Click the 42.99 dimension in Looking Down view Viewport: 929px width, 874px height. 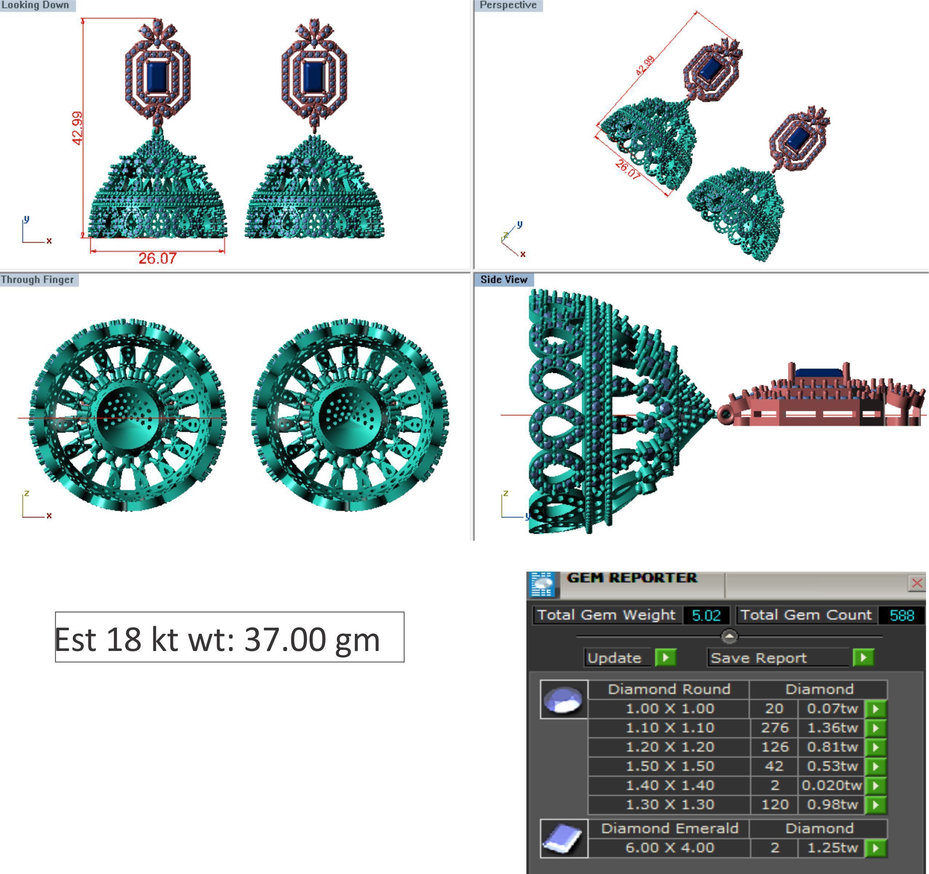pyautogui.click(x=78, y=128)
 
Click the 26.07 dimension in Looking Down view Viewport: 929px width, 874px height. pyautogui.click(x=158, y=258)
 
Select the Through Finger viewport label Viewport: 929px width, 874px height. pyautogui.click(x=37, y=279)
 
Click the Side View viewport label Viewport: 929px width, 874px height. pyautogui.click(x=504, y=279)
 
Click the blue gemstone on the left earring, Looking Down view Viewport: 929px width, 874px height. pyautogui.click(x=158, y=78)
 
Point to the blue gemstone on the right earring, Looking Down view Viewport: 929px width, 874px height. pyautogui.click(x=314, y=78)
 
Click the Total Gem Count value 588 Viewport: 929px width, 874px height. pyautogui.click(x=901, y=615)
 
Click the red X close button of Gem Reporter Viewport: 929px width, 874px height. pyautogui.click(x=916, y=583)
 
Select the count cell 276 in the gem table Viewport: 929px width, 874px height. pyautogui.click(x=774, y=727)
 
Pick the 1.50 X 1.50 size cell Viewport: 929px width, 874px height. pyautogui.click(x=670, y=766)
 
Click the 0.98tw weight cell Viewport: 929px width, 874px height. pyautogui.click(x=832, y=805)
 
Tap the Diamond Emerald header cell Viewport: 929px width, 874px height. pyautogui.click(x=670, y=828)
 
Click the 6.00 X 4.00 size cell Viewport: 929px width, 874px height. pyautogui.click(x=670, y=848)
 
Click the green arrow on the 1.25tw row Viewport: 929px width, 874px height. pyautogui.click(x=876, y=848)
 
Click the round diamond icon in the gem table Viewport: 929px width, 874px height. pyautogui.click(x=564, y=699)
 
